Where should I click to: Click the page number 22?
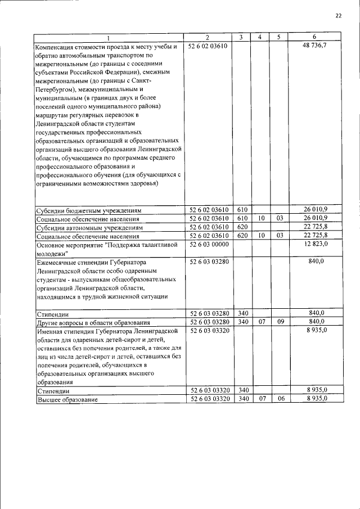point(338,16)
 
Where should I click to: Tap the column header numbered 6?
point(314,37)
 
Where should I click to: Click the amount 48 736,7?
point(315,46)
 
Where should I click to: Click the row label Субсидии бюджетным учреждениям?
point(88,210)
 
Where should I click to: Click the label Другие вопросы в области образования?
point(93,322)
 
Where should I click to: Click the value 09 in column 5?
point(280,322)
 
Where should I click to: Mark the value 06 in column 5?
point(280,398)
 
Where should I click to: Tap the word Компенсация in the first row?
point(59,46)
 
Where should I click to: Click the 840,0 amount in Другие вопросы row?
point(318,322)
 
